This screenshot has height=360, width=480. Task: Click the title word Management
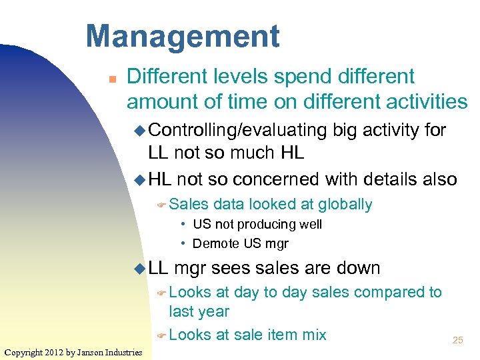[x=183, y=36]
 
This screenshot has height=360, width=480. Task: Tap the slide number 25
[x=457, y=340]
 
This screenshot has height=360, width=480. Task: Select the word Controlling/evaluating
[x=237, y=130]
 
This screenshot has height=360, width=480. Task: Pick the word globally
[x=345, y=204]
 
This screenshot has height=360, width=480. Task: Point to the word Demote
[x=213, y=243]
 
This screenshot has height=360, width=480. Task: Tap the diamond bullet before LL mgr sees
[x=139, y=269]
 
